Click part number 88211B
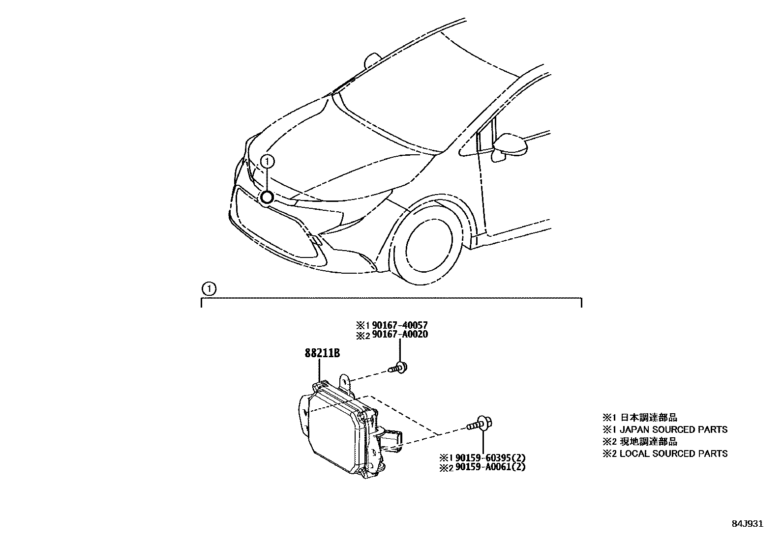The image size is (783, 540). click(322, 354)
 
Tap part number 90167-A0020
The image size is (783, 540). click(399, 335)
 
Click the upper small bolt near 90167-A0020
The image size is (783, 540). click(399, 367)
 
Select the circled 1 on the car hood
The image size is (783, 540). click(267, 160)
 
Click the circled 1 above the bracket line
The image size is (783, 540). click(209, 289)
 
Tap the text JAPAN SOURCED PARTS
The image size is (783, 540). click(673, 430)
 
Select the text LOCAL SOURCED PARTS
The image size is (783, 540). click(673, 454)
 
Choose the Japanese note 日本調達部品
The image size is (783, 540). click(648, 418)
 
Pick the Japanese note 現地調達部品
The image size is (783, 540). click(648, 442)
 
